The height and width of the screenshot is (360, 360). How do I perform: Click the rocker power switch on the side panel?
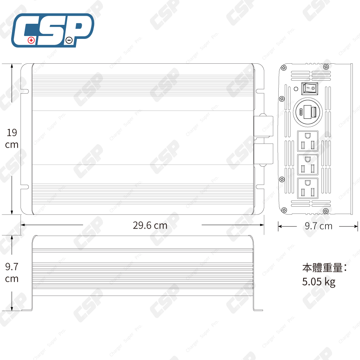point(310,87)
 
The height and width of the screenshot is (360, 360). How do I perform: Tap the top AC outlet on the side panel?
point(308,141)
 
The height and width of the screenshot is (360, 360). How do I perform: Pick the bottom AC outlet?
point(308,188)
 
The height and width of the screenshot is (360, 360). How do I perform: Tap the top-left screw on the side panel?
point(284,67)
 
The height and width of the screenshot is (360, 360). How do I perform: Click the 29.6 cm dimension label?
point(150,226)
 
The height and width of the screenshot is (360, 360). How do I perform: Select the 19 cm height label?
point(12,139)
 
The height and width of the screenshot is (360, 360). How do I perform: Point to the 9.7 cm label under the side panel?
point(319,226)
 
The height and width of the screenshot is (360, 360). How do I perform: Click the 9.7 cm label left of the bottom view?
point(12,273)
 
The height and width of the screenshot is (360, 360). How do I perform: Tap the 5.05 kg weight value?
point(319,282)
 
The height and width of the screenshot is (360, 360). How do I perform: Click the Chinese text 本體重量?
point(322,268)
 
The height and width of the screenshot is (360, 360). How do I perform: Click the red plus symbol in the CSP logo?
point(31,40)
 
